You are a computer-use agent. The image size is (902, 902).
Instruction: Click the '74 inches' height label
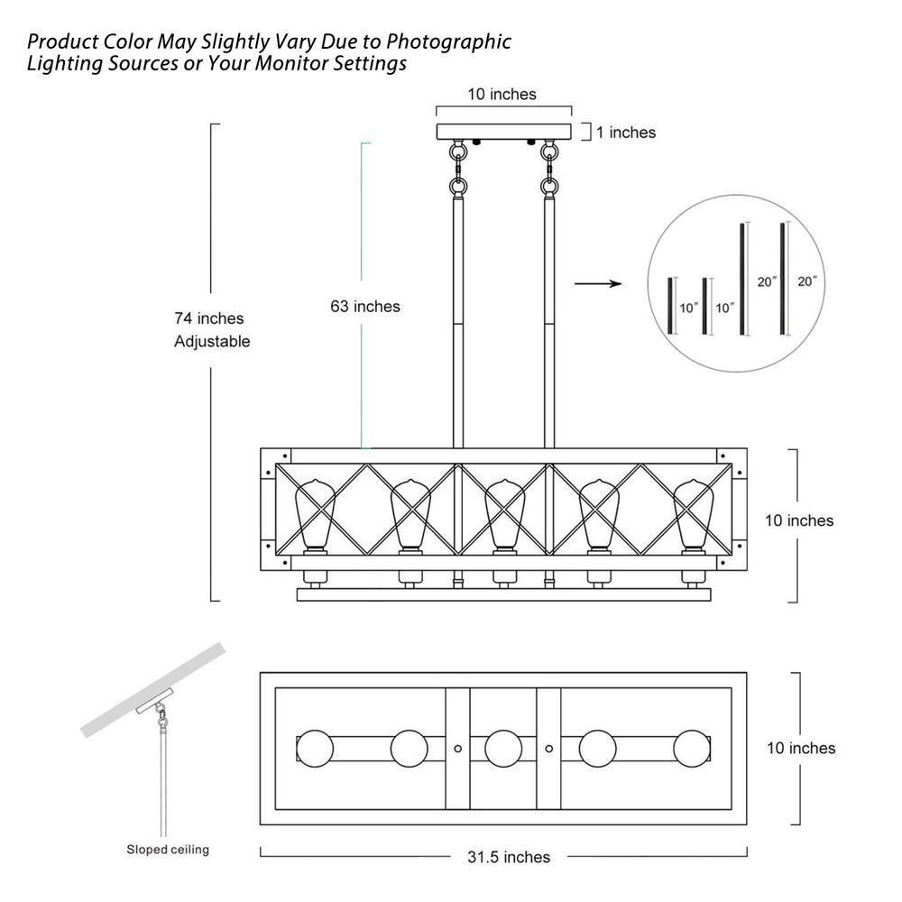209,318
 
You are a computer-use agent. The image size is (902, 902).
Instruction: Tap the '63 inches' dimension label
364,307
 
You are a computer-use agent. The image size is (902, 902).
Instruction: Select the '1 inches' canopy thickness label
625,133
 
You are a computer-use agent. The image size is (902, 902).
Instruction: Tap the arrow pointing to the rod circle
598,284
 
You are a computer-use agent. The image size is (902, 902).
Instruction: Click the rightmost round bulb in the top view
693,748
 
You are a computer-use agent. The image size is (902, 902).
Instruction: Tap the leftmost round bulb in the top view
315,748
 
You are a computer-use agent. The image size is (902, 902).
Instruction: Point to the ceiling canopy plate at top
504,132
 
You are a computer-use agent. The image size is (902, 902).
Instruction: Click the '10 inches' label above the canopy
502,94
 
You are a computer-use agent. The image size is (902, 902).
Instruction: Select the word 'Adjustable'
212,342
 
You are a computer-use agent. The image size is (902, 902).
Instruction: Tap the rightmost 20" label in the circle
806,281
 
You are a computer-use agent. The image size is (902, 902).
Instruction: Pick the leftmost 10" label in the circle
689,308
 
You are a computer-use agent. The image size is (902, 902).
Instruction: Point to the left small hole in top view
458,749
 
